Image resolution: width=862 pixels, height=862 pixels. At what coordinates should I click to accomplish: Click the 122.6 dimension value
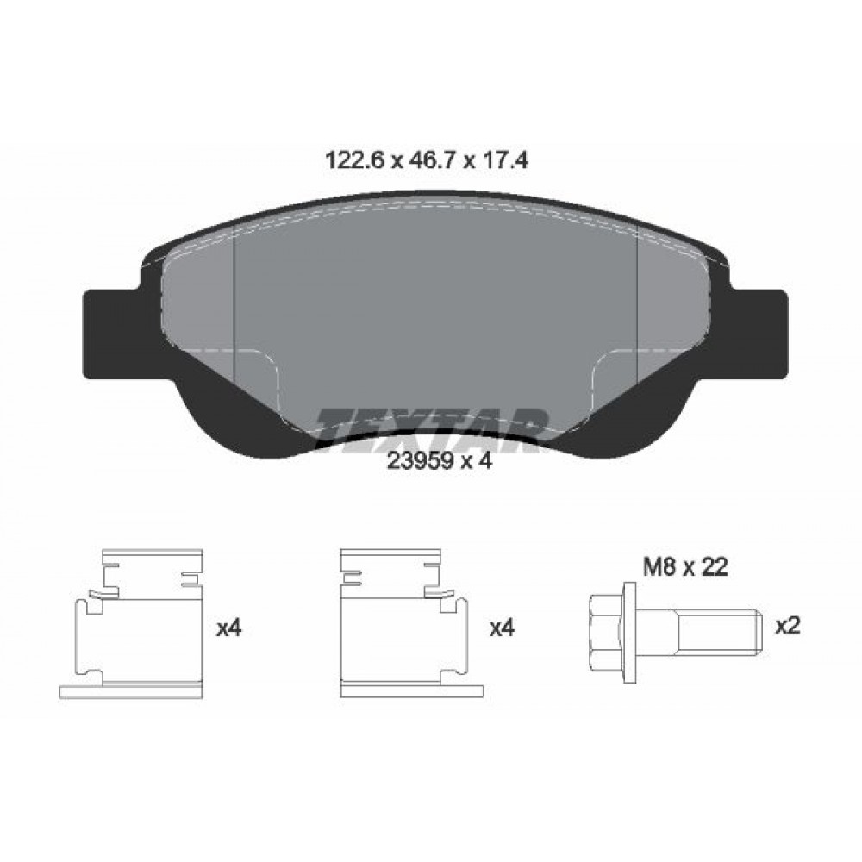(x=353, y=160)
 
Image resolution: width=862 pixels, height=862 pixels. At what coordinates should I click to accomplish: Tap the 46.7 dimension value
(x=431, y=160)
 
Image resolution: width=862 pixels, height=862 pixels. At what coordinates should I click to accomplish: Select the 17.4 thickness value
(x=505, y=160)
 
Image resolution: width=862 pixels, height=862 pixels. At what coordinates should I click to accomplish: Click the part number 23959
(x=421, y=460)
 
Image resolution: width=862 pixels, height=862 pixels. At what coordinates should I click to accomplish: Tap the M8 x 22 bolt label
(x=686, y=567)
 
